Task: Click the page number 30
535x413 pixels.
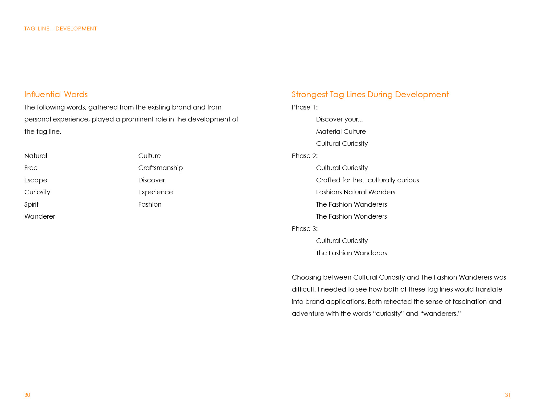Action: pos(27,395)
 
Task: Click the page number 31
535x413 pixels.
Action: pos(507,395)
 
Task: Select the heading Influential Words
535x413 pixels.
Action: pos(56,95)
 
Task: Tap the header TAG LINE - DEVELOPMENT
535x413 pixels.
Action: pos(61,29)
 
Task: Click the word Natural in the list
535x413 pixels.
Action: pos(36,156)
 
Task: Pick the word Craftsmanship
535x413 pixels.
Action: pos(160,168)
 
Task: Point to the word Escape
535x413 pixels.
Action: pos(36,180)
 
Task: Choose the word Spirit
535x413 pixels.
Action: pos(31,204)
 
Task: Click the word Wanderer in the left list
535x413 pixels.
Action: pos(40,216)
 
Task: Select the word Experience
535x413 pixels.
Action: pos(156,192)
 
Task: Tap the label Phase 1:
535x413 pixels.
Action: pos(305,107)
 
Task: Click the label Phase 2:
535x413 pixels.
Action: pos(305,156)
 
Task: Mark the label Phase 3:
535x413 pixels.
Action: pos(305,229)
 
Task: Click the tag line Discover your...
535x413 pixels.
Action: pos(339,119)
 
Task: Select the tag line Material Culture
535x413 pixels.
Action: pos(341,132)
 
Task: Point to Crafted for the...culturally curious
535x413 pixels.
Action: pos(367,180)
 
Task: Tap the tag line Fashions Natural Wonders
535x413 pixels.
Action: pos(356,192)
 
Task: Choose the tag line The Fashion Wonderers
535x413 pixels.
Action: pos(351,216)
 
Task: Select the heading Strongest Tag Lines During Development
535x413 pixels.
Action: pos(370,95)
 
